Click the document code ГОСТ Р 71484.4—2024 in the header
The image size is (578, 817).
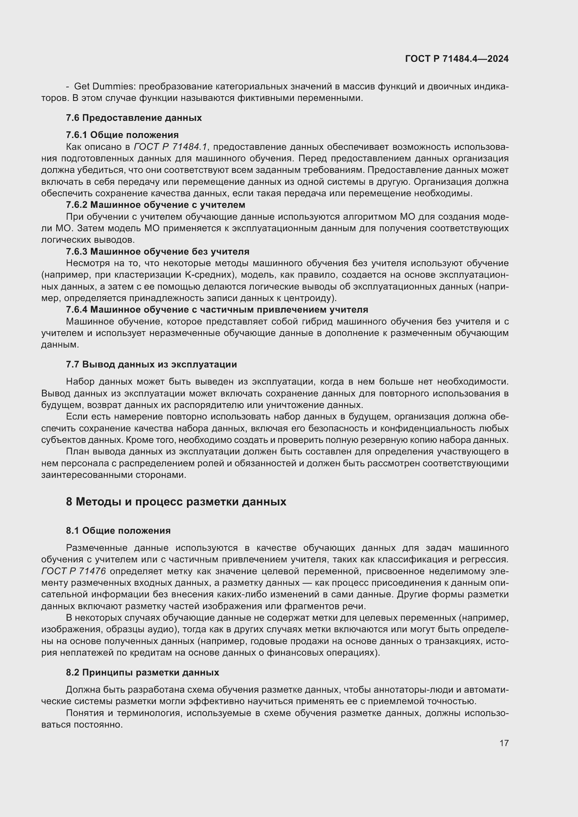tap(457, 59)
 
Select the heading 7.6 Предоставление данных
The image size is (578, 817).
tap(134, 118)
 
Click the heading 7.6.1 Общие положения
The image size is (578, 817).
tap(122, 135)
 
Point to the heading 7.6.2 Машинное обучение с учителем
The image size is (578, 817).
tap(156, 205)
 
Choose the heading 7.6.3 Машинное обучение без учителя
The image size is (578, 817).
tap(157, 251)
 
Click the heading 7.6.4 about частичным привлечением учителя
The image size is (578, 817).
tap(217, 309)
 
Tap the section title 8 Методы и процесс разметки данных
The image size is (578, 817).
tap(176, 502)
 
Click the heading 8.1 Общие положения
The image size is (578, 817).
tap(118, 531)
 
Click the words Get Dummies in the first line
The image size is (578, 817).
tap(104, 87)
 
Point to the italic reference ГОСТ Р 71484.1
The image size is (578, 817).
tap(171, 147)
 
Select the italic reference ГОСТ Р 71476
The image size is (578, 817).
tap(74, 571)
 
